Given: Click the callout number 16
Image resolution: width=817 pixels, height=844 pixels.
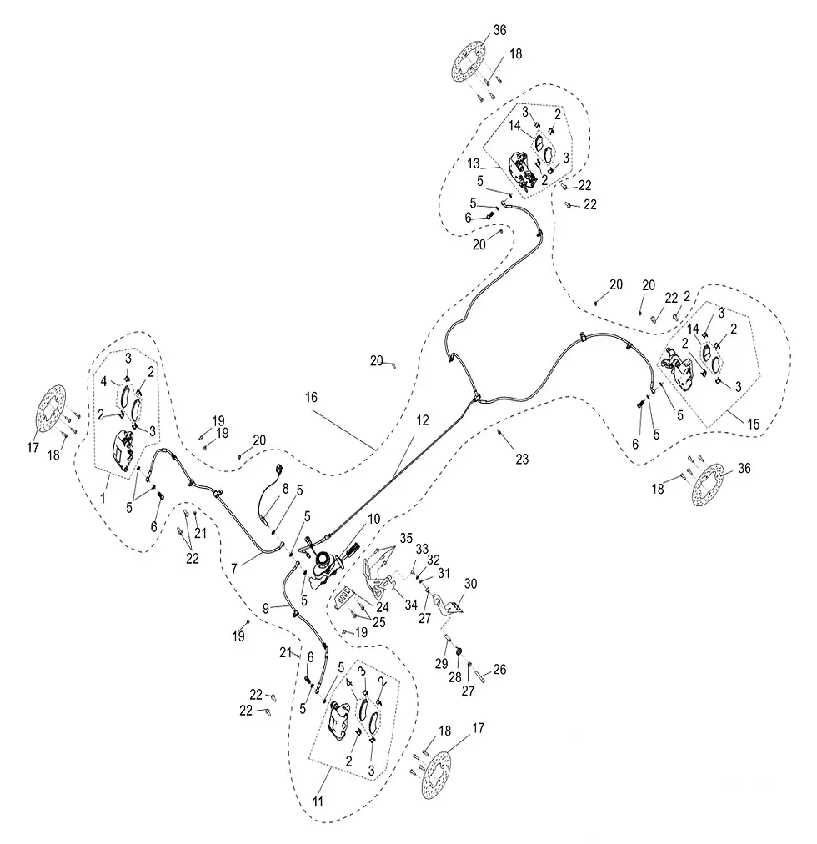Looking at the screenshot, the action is [311, 397].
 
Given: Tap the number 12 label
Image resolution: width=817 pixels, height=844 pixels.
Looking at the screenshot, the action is [423, 419].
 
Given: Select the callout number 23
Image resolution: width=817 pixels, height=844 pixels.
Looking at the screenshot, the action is [522, 459].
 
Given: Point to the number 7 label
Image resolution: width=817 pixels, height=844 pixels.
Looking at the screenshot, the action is [234, 569].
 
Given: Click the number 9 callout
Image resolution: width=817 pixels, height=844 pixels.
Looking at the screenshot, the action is [266, 608].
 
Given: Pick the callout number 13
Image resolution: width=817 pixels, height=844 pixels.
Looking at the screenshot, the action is [473, 163].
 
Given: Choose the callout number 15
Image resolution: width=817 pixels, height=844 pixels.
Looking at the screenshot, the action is [754, 424].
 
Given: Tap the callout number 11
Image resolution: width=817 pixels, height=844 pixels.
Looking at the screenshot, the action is [318, 801].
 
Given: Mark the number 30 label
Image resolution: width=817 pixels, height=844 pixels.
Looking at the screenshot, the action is [470, 584].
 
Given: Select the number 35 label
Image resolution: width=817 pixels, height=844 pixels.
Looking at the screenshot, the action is [406, 538].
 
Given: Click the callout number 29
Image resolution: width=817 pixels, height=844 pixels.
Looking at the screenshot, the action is [441, 663].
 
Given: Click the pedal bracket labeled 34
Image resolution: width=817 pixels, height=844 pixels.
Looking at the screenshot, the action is [376, 578].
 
